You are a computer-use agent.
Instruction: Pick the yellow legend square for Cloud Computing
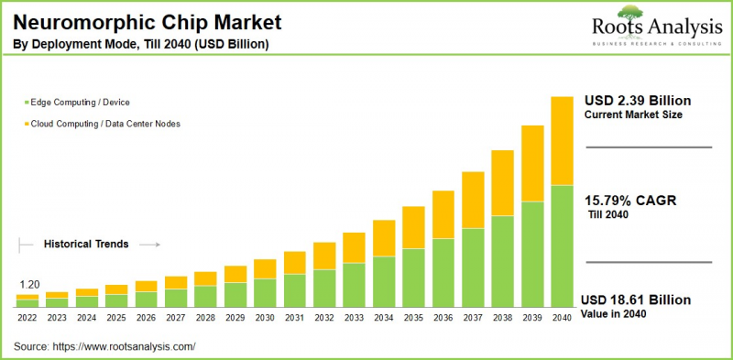pos(24,124)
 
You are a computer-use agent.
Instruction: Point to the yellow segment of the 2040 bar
pos(561,140)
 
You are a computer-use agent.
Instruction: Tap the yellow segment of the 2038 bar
pos(502,183)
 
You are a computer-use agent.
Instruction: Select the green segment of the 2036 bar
pos(443,272)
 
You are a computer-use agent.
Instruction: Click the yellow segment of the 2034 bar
pos(384,238)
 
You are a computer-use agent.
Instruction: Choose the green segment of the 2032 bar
pos(324,288)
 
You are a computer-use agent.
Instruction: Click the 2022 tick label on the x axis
pos(27,317)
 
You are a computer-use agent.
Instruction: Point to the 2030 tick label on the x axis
pos(265,317)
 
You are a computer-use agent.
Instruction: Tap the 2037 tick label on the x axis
pos(473,317)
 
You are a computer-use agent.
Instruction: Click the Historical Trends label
pos(86,245)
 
